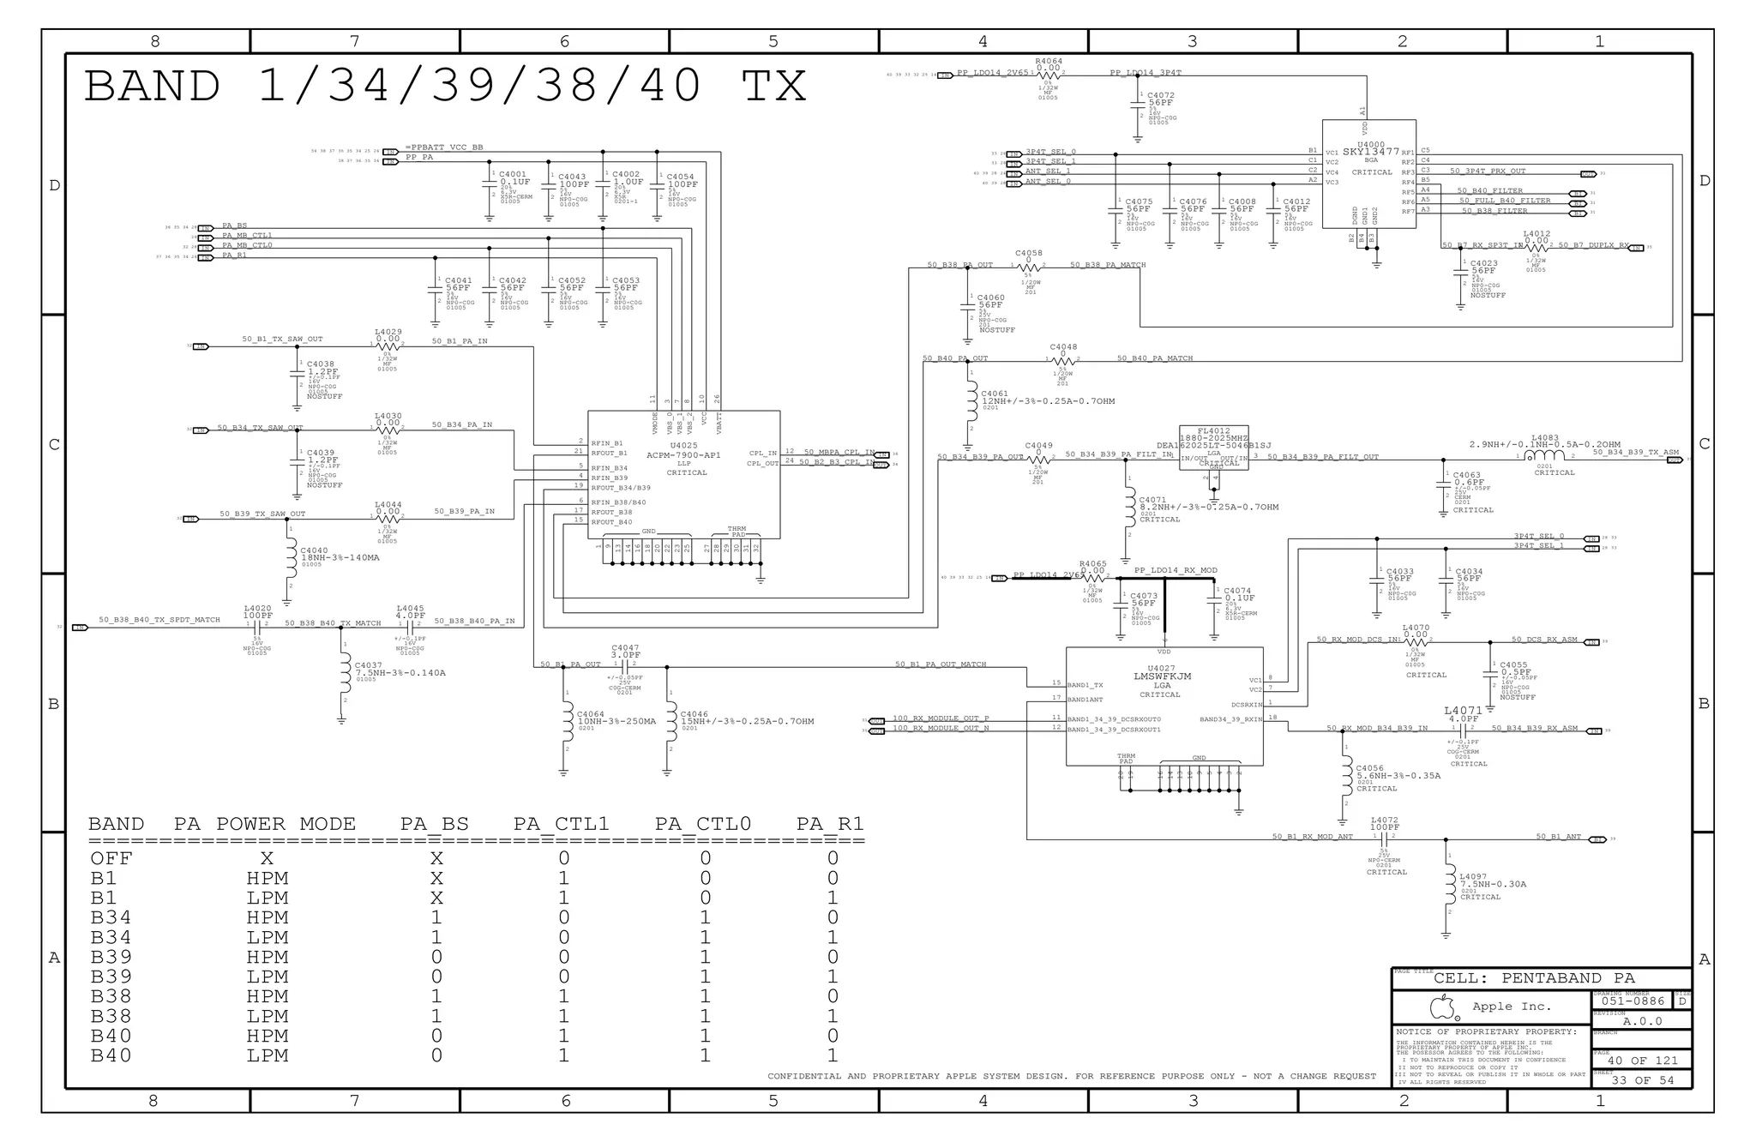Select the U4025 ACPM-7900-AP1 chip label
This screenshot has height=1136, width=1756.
click(x=683, y=446)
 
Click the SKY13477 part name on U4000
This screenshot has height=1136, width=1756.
click(x=1370, y=152)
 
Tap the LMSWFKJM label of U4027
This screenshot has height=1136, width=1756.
click(x=1162, y=676)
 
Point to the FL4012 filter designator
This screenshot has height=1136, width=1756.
click(x=1213, y=431)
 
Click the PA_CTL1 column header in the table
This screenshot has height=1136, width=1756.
click(x=561, y=824)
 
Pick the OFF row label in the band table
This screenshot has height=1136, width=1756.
click(x=111, y=858)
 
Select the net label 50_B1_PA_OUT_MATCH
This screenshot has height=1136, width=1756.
click(x=940, y=664)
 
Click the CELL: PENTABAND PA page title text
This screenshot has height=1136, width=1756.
click(x=1534, y=978)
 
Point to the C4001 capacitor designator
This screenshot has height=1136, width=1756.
click(x=512, y=174)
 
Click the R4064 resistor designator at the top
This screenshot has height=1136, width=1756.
click(x=1048, y=61)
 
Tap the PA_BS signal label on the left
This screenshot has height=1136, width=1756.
click(x=234, y=225)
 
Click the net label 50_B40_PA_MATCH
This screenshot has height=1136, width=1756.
click(x=1154, y=358)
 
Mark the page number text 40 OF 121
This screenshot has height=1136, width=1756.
click(x=1641, y=1061)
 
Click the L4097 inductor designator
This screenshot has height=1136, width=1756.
click(x=1473, y=876)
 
